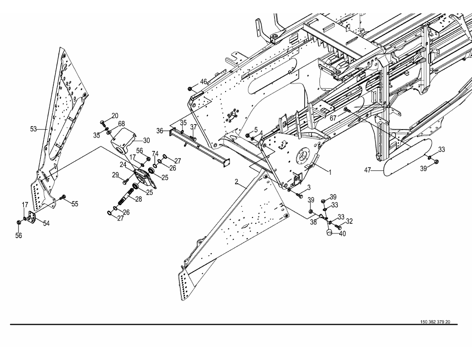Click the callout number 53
33,129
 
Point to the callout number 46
204,81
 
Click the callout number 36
159,131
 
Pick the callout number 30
146,140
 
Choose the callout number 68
121,124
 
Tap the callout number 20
115,116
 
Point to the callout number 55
75,204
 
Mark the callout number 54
46,223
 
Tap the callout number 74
155,153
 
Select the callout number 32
349,221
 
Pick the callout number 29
115,175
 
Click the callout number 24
122,164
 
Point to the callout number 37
193,127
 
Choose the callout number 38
313,223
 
